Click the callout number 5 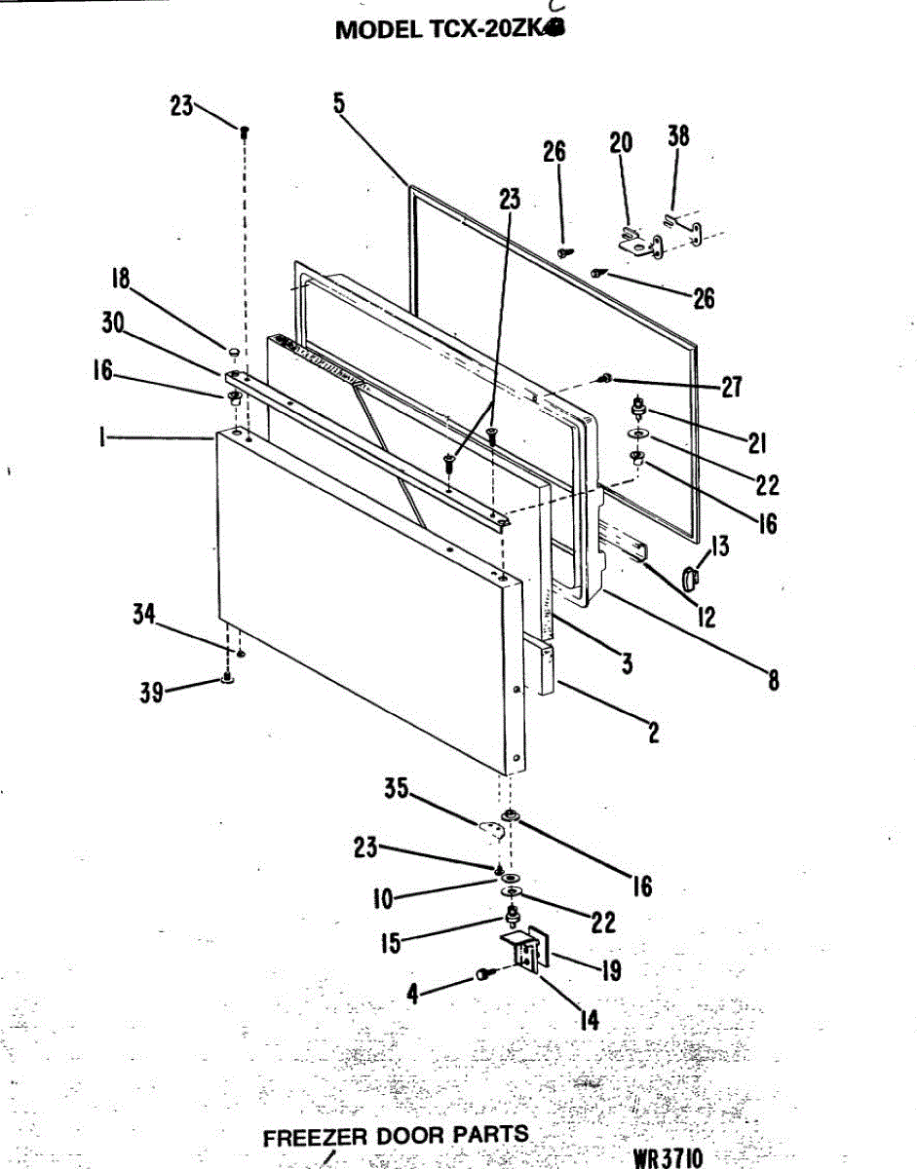tap(338, 103)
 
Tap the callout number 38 tap(678, 136)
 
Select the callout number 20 tap(621, 143)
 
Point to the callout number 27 tap(731, 388)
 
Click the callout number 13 tap(719, 547)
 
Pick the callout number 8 tap(773, 680)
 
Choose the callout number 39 tap(150, 693)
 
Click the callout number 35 tap(396, 789)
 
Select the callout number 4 tap(413, 996)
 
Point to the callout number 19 tap(611, 970)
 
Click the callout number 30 tap(113, 324)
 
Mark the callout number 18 tap(120, 279)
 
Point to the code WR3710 tap(668, 1158)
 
